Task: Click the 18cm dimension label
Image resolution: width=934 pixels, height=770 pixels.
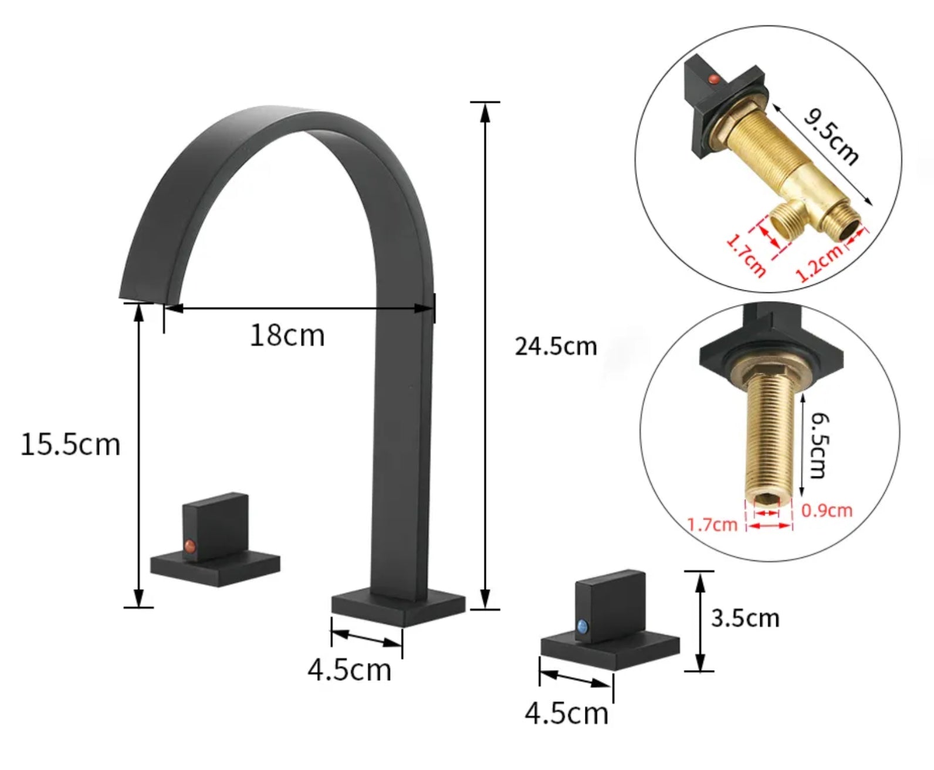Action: pyautogui.click(x=287, y=336)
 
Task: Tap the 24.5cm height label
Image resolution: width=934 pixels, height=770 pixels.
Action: pyautogui.click(x=555, y=346)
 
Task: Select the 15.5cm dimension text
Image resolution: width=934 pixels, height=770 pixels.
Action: pyautogui.click(x=70, y=444)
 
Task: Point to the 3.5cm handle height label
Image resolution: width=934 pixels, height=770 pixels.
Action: pyautogui.click(x=745, y=618)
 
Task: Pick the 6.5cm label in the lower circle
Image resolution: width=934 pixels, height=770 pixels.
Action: pyautogui.click(x=820, y=445)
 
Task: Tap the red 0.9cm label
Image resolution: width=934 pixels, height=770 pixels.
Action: pyautogui.click(x=827, y=510)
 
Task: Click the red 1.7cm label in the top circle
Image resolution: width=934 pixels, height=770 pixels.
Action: pyautogui.click(x=746, y=255)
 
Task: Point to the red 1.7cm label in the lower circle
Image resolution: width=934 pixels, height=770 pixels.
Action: pyautogui.click(x=712, y=524)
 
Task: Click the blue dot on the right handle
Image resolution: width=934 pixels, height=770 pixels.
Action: pyautogui.click(x=583, y=626)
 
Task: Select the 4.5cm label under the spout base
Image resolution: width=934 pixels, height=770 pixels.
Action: pyautogui.click(x=349, y=670)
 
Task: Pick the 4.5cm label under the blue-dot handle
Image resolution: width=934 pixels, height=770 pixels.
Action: pyautogui.click(x=566, y=714)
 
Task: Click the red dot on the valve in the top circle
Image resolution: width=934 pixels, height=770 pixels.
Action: pyautogui.click(x=713, y=78)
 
